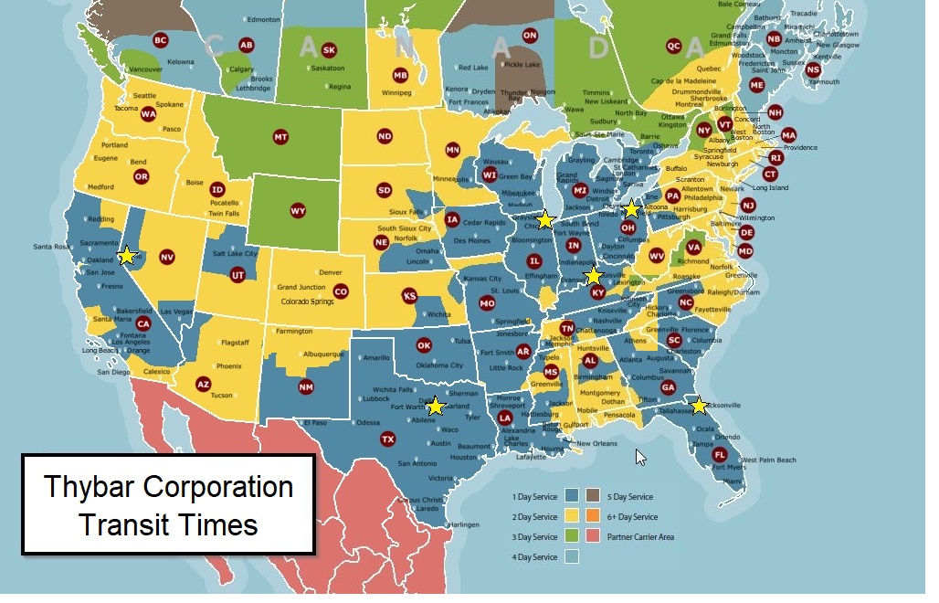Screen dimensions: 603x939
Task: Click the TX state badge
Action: pos(387,439)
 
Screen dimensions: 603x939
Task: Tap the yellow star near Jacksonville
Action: pos(699,405)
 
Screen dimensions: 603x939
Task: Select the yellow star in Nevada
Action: pos(127,256)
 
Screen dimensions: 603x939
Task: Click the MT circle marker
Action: pos(280,137)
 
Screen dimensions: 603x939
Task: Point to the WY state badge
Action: pos(298,211)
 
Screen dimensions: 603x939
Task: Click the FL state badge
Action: pos(720,455)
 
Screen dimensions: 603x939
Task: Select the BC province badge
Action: pos(160,40)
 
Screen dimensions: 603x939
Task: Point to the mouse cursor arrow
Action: pos(640,456)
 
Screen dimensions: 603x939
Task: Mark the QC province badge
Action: pos(674,46)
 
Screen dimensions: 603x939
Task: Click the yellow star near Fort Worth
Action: pos(436,405)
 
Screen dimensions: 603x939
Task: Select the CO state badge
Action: pos(341,291)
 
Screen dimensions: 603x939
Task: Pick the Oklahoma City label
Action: pos(438,365)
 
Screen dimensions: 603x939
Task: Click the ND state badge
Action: pos(385,136)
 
